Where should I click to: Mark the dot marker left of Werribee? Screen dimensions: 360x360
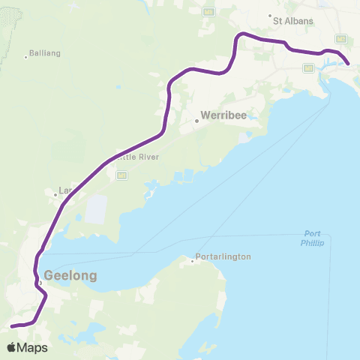pos(197,119)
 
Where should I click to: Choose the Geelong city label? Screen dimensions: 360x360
pos(71,275)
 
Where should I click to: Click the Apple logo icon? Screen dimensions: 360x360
pos(12,347)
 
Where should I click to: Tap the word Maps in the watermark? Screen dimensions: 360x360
pos(33,347)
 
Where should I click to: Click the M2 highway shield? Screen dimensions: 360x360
pos(341,38)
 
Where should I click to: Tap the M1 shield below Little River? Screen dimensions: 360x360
pos(121,175)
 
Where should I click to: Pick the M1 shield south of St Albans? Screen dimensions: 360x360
pos(307,68)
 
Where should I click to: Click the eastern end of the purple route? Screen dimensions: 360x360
pos(348,64)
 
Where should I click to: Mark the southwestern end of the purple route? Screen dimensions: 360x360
pos(12,325)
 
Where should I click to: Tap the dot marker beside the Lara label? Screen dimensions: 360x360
pos(54,196)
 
